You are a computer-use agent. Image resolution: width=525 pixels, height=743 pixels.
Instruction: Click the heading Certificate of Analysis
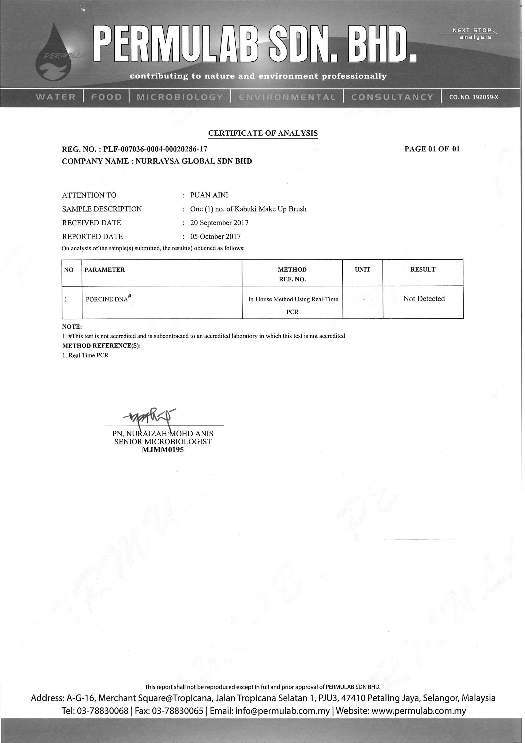pyautogui.click(x=263, y=133)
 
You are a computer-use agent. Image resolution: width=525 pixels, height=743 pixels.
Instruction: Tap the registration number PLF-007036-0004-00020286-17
pyautogui.click(x=155, y=149)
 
